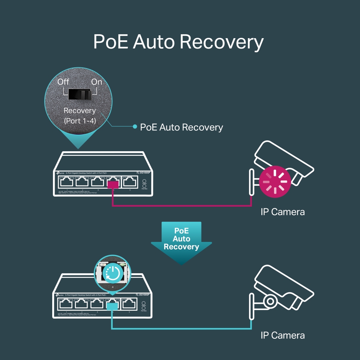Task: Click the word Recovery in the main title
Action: pos(221,42)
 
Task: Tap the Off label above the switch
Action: pos(63,82)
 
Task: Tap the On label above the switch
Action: pos(96,82)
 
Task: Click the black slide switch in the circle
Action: pos(80,95)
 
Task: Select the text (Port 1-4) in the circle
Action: pos(80,121)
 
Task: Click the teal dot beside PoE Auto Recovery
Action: pos(135,127)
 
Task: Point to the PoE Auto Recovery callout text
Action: pos(181,127)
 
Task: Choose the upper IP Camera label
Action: pos(283,212)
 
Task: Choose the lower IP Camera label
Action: pos(283,336)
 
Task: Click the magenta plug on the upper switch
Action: pos(113,185)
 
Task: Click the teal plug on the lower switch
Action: pos(112,306)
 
